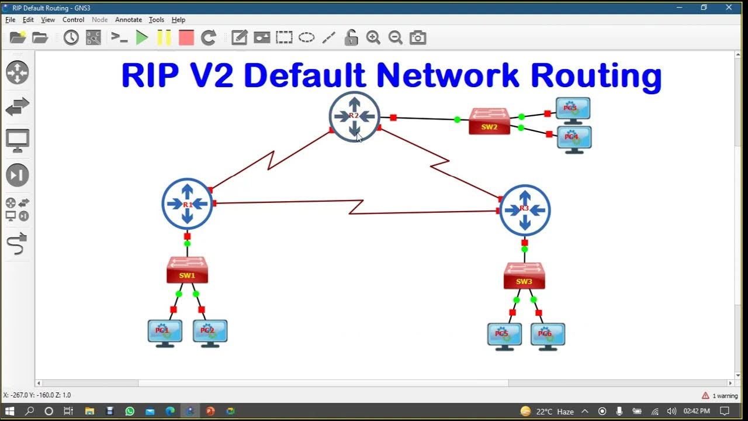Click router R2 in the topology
coord(354,116)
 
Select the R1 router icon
coord(187,203)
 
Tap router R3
coord(525,210)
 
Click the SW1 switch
coord(187,270)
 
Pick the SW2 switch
coord(489,122)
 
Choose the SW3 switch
coord(524,276)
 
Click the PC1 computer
coord(165,332)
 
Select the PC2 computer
coord(210,332)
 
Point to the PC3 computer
coord(573,110)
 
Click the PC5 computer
coord(504,336)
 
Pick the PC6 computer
coord(548,336)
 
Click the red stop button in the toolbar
coord(186,38)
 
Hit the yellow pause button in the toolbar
coord(164,38)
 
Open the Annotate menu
coord(129,20)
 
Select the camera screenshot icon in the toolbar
coord(418,38)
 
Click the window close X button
coord(729,8)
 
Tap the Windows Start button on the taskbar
coord(9,411)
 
